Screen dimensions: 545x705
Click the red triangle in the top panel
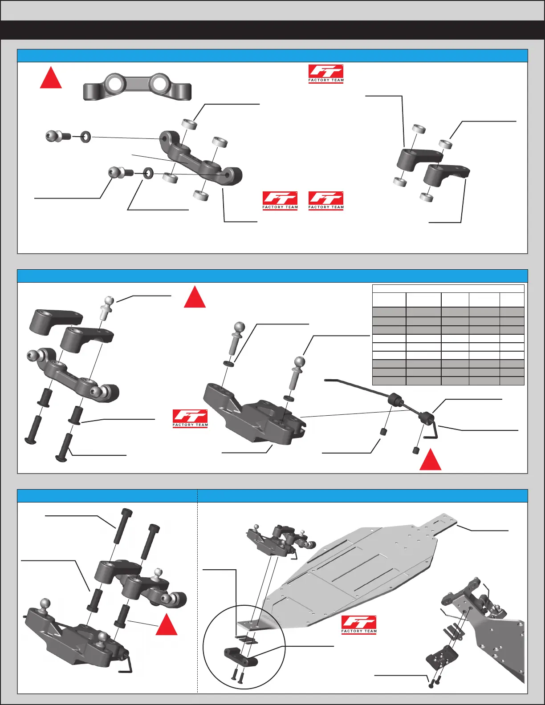pos(51,79)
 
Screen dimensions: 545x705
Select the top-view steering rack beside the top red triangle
pos(137,86)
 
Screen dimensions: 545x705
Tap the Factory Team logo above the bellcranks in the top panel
pos(326,74)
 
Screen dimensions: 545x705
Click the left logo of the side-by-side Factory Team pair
pos(280,201)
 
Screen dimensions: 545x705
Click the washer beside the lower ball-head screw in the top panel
pos(148,173)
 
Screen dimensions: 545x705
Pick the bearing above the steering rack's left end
pos(190,124)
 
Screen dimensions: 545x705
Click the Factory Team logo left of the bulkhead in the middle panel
pos(190,418)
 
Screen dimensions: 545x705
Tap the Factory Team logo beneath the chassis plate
pos(359,625)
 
